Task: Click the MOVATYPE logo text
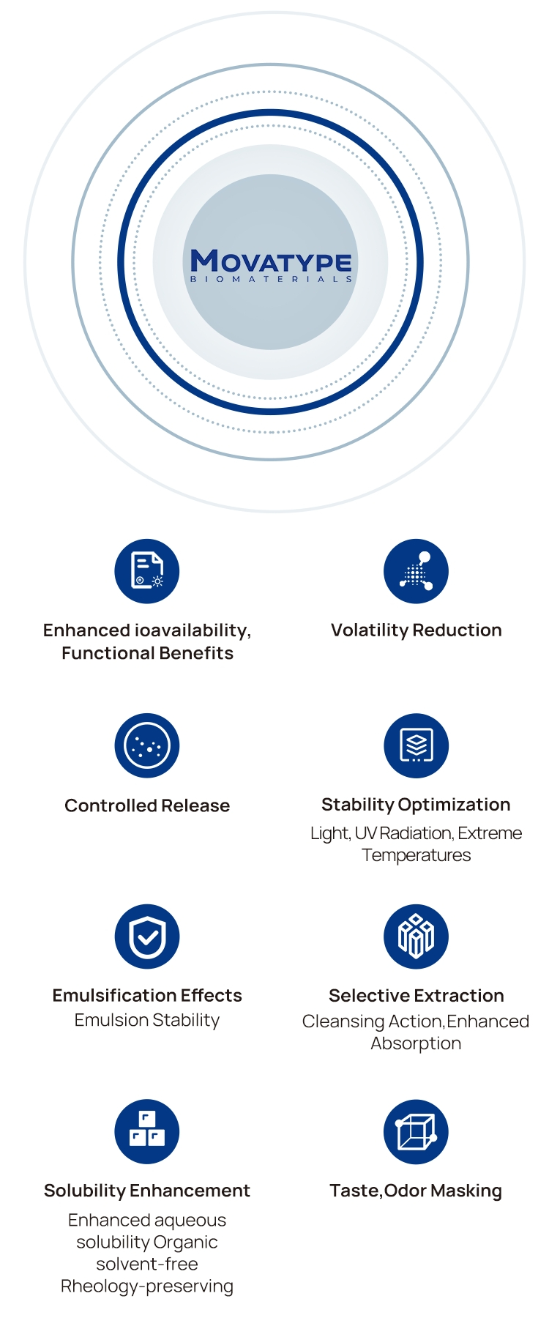pyautogui.click(x=271, y=261)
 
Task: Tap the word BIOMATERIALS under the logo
pyautogui.click(x=271, y=279)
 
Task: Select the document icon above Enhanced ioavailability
pyautogui.click(x=147, y=571)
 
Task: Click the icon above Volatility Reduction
pyautogui.click(x=416, y=571)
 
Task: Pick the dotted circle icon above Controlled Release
pyautogui.click(x=147, y=745)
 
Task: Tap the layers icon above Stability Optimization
pyautogui.click(x=416, y=745)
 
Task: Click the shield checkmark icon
pyautogui.click(x=147, y=937)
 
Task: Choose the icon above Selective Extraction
pyautogui.click(x=416, y=937)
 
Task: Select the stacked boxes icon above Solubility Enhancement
pyautogui.click(x=147, y=1131)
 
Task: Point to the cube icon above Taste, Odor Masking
pyautogui.click(x=416, y=1131)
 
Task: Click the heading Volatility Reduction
pyautogui.click(x=417, y=630)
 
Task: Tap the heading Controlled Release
pyautogui.click(x=147, y=805)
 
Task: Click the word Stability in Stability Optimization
pyautogui.click(x=358, y=805)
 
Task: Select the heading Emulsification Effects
pyautogui.click(x=147, y=995)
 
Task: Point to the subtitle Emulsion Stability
pyautogui.click(x=147, y=1020)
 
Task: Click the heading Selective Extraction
pyautogui.click(x=417, y=995)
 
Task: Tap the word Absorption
pyautogui.click(x=416, y=1043)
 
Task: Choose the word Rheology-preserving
pyautogui.click(x=147, y=1287)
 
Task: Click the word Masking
pyautogui.click(x=466, y=1191)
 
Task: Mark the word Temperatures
pyautogui.click(x=417, y=855)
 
